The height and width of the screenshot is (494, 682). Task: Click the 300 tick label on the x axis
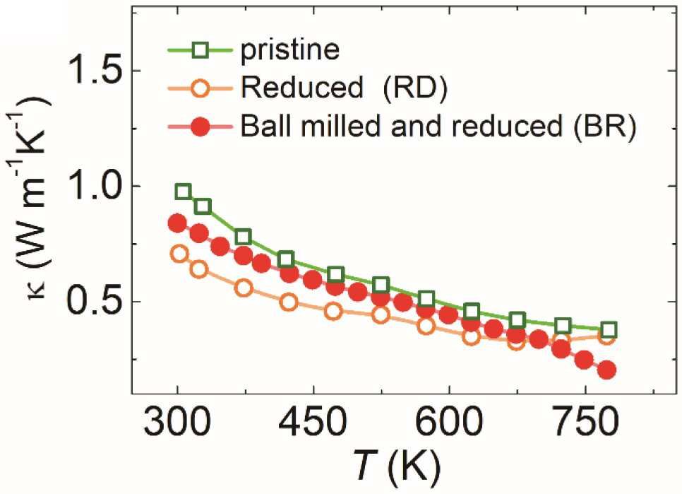click(177, 421)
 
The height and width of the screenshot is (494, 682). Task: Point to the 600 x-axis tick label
click(449, 421)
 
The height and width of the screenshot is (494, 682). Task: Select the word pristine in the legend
click(290, 49)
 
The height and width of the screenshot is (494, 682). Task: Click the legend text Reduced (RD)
click(344, 88)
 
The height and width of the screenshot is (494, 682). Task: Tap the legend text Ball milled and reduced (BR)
click(438, 126)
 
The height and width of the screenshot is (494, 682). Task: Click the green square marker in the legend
click(201, 51)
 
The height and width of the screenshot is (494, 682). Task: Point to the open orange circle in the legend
click(201, 89)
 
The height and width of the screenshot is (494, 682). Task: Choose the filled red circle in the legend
click(201, 127)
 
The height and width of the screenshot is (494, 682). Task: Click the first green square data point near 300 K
click(183, 192)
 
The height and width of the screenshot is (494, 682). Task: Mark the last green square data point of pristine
click(609, 329)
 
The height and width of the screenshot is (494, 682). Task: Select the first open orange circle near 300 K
click(179, 254)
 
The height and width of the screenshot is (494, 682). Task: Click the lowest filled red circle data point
click(606, 370)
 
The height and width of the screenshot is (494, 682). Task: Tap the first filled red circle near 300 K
click(177, 223)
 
